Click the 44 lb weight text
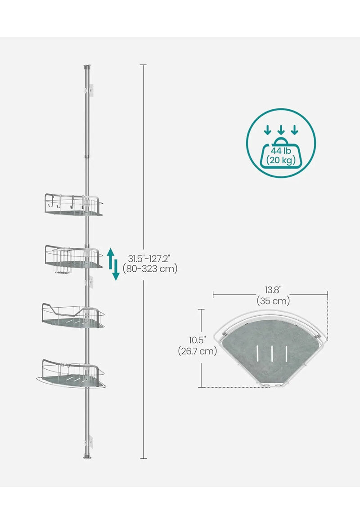tap(281, 151)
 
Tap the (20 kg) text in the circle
tap(281, 160)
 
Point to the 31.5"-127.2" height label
tap(149, 259)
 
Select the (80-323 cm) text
tap(150, 269)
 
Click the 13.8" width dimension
tap(273, 290)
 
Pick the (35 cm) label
tap(273, 300)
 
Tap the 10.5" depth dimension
tap(198, 340)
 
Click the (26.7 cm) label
tap(198, 351)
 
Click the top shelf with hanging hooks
tap(74, 205)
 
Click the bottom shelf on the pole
tap(71, 374)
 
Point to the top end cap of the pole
tap(87, 67)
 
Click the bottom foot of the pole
tap(87, 456)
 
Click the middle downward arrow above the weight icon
tap(281, 130)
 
